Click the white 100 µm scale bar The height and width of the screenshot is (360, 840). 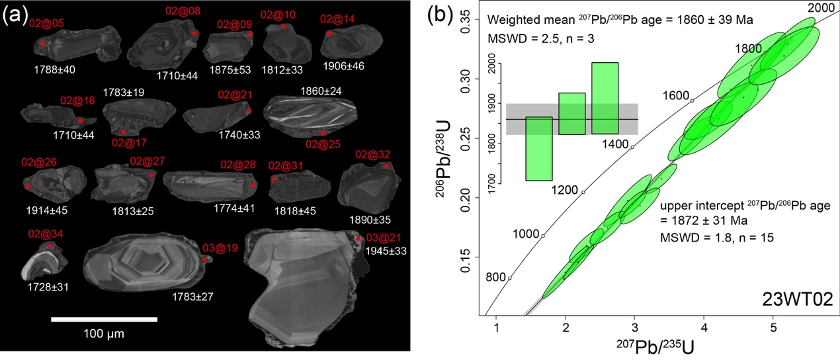104,319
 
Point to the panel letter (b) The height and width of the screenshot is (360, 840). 441,15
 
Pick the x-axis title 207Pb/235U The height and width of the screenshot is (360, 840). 634,347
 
